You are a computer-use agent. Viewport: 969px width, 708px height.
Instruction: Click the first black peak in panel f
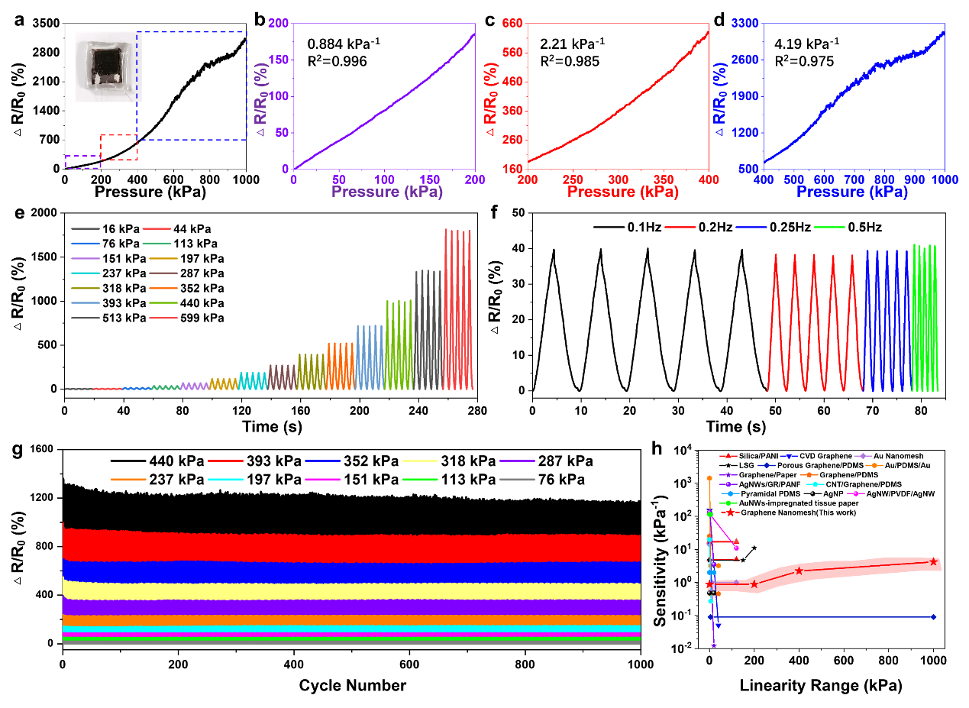coord(554,251)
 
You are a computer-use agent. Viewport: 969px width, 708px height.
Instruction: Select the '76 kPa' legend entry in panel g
coord(563,480)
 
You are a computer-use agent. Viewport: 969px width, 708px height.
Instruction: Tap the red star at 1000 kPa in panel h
coord(933,561)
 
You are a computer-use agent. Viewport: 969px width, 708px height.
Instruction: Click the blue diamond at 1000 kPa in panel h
coord(933,616)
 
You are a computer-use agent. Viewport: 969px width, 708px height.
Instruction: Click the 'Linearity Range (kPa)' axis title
coord(820,686)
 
